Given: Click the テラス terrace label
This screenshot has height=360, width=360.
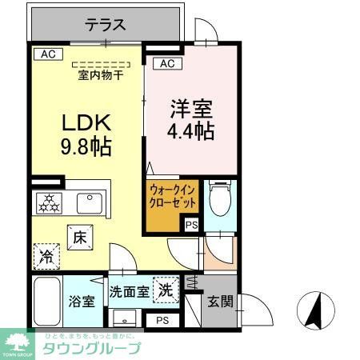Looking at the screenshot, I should click(104, 25).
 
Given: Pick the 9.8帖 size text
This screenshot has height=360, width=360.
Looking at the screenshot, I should click(86, 147).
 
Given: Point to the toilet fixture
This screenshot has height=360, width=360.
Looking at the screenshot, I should click(218, 197).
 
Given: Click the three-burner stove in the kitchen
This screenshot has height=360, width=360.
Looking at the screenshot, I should click(46, 203).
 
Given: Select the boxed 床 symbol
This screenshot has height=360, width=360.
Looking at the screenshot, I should click(82, 238).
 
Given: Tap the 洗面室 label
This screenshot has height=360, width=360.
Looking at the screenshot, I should click(129, 293).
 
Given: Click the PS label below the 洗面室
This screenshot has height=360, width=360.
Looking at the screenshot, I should click(162, 321).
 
